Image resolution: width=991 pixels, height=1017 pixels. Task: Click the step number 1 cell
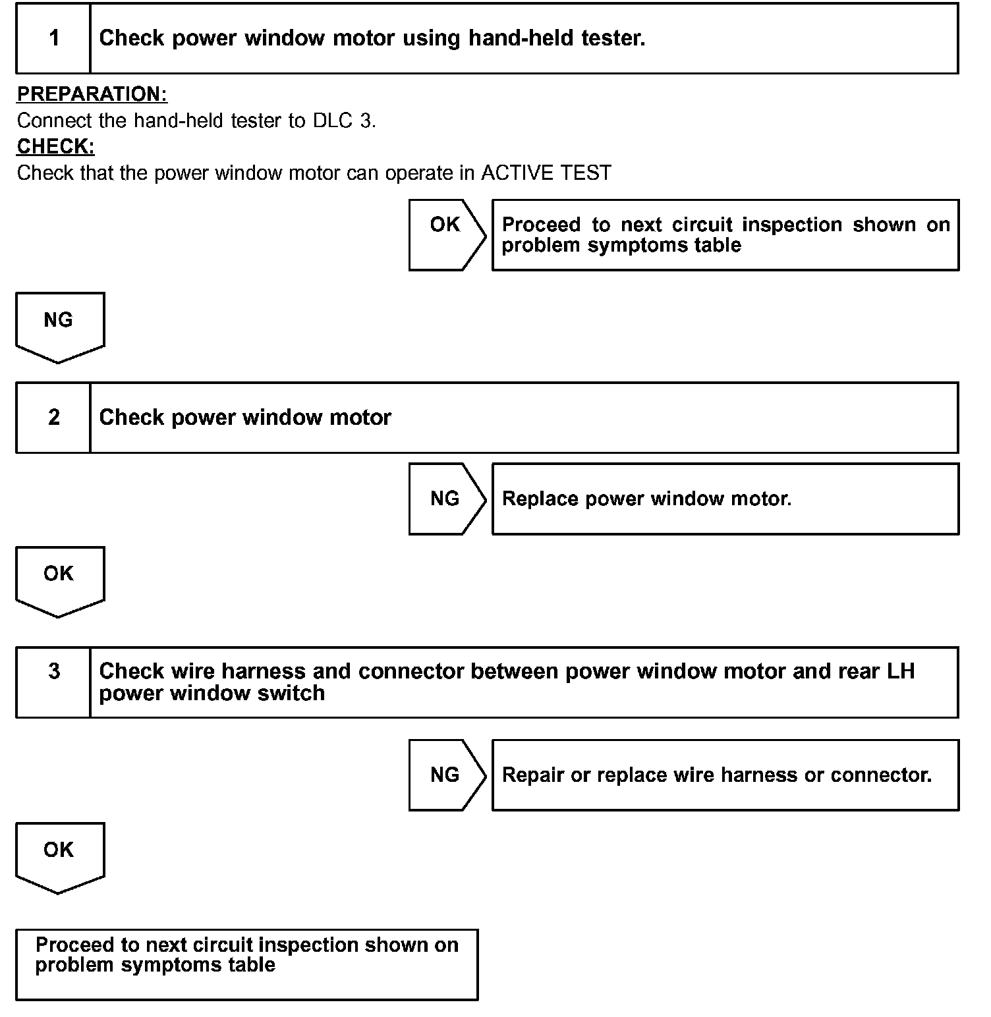tap(53, 38)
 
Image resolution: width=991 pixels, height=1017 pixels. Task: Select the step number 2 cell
tap(53, 418)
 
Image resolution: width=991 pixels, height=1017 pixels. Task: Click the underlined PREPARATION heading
tap(92, 94)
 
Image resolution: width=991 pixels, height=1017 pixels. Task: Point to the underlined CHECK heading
tap(56, 146)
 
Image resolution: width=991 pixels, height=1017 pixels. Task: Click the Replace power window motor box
tap(725, 499)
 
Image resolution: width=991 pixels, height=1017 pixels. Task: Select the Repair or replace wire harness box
tap(725, 775)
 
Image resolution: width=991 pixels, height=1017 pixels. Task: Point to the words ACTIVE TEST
tap(546, 173)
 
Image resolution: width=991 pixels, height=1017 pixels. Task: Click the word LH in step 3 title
tap(901, 671)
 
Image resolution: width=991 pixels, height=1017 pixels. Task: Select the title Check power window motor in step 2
tap(245, 418)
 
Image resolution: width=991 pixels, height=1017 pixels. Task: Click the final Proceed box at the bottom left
tap(246, 964)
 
